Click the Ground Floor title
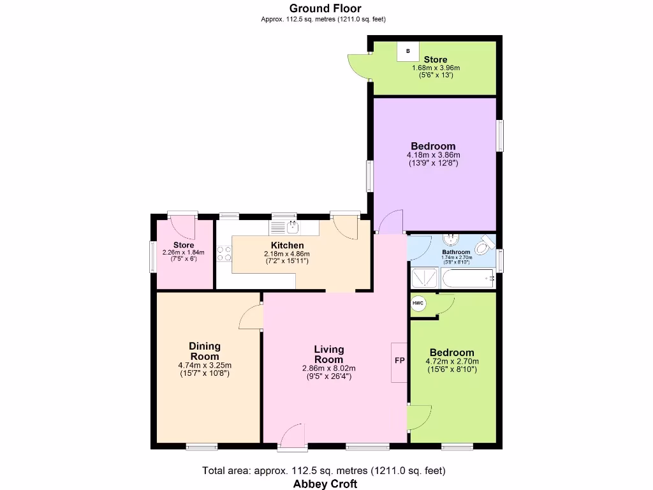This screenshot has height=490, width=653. (325, 8)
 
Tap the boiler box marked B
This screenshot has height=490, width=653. (408, 50)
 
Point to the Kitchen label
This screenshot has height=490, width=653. (287, 245)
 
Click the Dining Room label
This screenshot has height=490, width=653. (204, 351)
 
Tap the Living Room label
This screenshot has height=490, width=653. (329, 353)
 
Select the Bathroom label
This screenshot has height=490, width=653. (456, 252)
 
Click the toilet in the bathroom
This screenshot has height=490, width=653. (486, 243)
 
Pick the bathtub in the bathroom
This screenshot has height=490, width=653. (467, 279)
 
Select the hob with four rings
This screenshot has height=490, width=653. (224, 253)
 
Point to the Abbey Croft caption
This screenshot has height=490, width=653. (325, 484)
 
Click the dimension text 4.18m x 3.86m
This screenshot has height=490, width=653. (433, 154)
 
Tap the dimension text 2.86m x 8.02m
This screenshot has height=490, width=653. (329, 368)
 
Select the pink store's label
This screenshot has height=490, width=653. (184, 245)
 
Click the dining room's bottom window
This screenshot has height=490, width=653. (202, 446)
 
